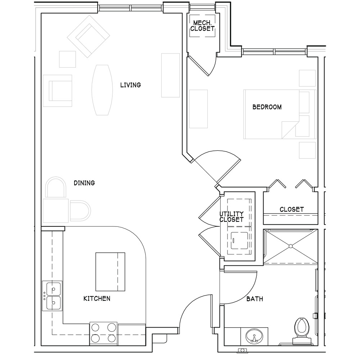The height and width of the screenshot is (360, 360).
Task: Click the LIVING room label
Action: tap(130, 85)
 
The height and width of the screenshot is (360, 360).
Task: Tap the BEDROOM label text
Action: tap(267, 107)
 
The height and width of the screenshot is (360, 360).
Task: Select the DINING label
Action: tap(84, 183)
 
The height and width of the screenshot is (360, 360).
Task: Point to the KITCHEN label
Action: tap(96, 298)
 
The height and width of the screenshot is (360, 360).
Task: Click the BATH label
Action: tap(255, 299)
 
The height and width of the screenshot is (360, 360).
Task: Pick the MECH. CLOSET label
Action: tap(202, 26)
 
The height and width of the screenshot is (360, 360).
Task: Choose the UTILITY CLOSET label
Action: tap(231, 217)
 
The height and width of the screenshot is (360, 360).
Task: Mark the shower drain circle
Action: tap(291, 246)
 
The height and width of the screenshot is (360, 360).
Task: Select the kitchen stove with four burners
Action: tap(103, 333)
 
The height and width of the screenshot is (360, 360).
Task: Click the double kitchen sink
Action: tap(52, 296)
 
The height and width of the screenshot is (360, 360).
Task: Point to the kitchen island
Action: tap(110, 272)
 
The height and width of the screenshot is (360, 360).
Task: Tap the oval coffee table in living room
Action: tap(102, 90)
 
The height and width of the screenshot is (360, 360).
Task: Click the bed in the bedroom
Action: tap(280, 114)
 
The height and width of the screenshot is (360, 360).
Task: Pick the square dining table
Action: tap(56, 211)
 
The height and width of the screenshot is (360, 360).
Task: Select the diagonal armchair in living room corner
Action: tap(89, 36)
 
